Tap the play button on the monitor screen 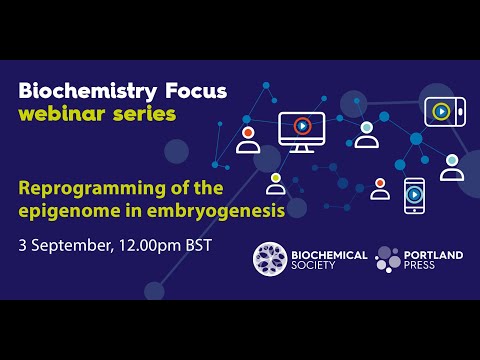[301, 126]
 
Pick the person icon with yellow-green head [275, 183]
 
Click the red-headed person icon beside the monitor [248, 139]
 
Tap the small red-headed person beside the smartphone [380, 189]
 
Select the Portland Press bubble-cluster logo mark [388, 259]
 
